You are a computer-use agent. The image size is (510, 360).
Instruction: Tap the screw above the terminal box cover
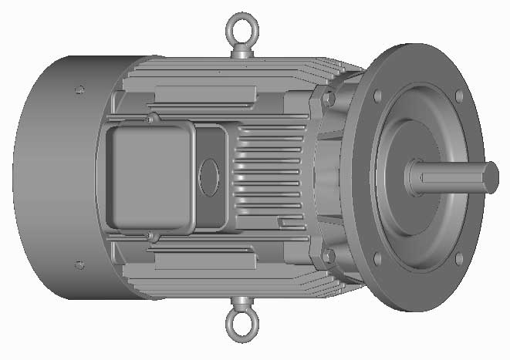point(150,119)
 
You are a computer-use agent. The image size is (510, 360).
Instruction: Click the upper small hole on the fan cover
point(79,89)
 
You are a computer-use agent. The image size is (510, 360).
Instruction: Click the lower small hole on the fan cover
point(79,265)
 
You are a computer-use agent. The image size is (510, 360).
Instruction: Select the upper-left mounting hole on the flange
point(377,96)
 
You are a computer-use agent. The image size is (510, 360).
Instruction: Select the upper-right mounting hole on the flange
point(460,96)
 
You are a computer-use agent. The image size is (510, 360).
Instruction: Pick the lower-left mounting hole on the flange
point(377,258)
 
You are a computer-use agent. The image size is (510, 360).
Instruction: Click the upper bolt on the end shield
point(329,98)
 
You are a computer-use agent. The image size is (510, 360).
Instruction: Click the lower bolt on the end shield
point(329,256)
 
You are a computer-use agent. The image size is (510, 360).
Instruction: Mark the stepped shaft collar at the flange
point(412,178)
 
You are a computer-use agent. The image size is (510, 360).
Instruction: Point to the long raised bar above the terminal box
point(204,94)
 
